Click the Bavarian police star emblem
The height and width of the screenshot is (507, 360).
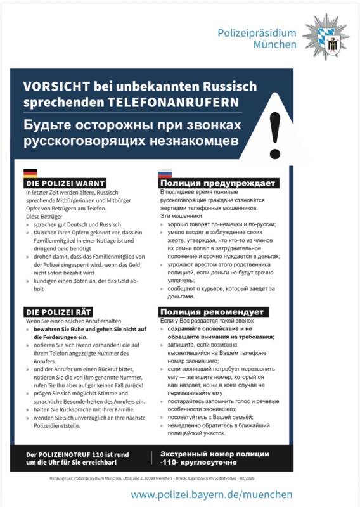[326, 36]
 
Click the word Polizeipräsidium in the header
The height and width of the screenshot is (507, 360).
[257, 33]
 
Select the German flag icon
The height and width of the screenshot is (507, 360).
[30, 172]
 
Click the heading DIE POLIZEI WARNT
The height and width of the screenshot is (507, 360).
[65, 184]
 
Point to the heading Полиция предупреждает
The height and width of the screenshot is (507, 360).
[218, 184]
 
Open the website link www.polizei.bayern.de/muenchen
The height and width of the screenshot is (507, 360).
[212, 494]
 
